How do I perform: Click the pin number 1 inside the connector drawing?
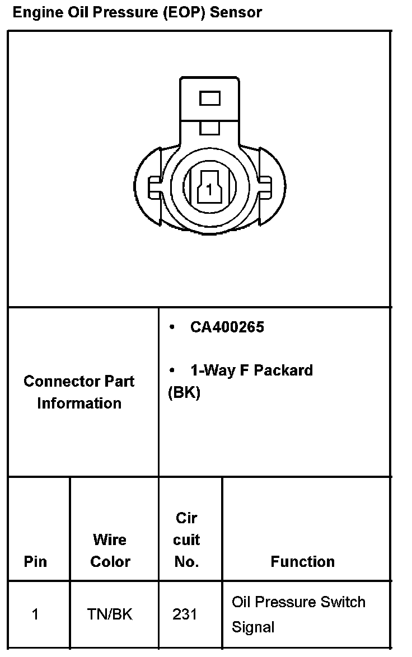coord(209,190)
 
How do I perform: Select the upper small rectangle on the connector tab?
coord(210,99)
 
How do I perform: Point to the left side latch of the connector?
coord(152,187)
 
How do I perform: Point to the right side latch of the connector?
coord(267,187)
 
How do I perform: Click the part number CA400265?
coord(227,327)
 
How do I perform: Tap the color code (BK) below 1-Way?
coord(184,392)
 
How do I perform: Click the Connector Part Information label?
coord(79,392)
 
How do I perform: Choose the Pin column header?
coord(35,561)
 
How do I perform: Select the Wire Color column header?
coord(110,551)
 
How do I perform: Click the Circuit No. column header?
coord(186,540)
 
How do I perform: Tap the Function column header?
coord(302,561)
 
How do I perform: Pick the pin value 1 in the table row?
coord(35,614)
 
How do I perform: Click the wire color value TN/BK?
coord(110,614)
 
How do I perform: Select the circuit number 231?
coord(185,614)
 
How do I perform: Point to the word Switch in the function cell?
coord(343,602)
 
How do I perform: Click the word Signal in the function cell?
coord(253,627)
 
